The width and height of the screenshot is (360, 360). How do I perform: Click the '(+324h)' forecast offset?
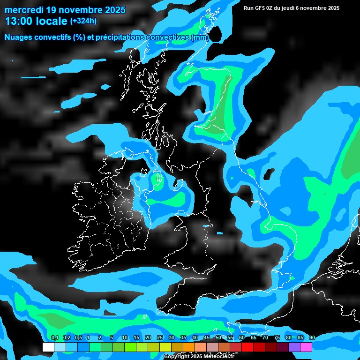[x=83, y=21]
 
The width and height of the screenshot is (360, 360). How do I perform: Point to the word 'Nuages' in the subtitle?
[x=19, y=37]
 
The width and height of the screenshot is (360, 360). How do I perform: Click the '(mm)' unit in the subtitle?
[x=200, y=37]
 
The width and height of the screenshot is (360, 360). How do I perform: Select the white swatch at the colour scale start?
[x=48, y=347]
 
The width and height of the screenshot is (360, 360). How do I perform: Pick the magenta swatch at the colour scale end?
[x=306, y=347]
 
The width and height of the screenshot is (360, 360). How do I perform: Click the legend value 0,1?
[x=54, y=338]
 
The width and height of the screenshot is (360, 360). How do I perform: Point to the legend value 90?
[x=312, y=338]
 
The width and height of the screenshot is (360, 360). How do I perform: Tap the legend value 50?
[x=218, y=338]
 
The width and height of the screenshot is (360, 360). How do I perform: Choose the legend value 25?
[x=160, y=338]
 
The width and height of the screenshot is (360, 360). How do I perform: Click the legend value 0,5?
[x=78, y=338]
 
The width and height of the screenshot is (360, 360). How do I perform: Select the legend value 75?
[x=277, y=338]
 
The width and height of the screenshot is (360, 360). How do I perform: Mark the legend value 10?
[x=125, y=338]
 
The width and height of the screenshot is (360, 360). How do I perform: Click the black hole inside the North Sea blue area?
[x=269, y=174]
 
